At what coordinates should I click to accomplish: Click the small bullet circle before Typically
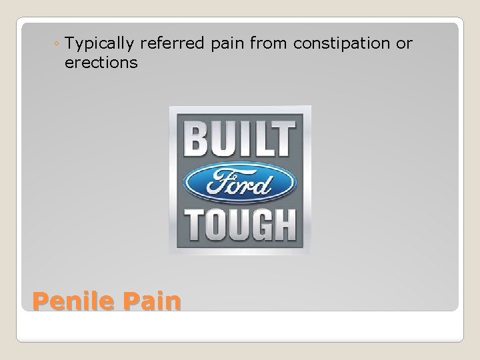tap(57, 45)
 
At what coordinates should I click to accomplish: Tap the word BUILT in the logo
tap(239, 139)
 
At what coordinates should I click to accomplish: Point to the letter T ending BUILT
tap(283, 139)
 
